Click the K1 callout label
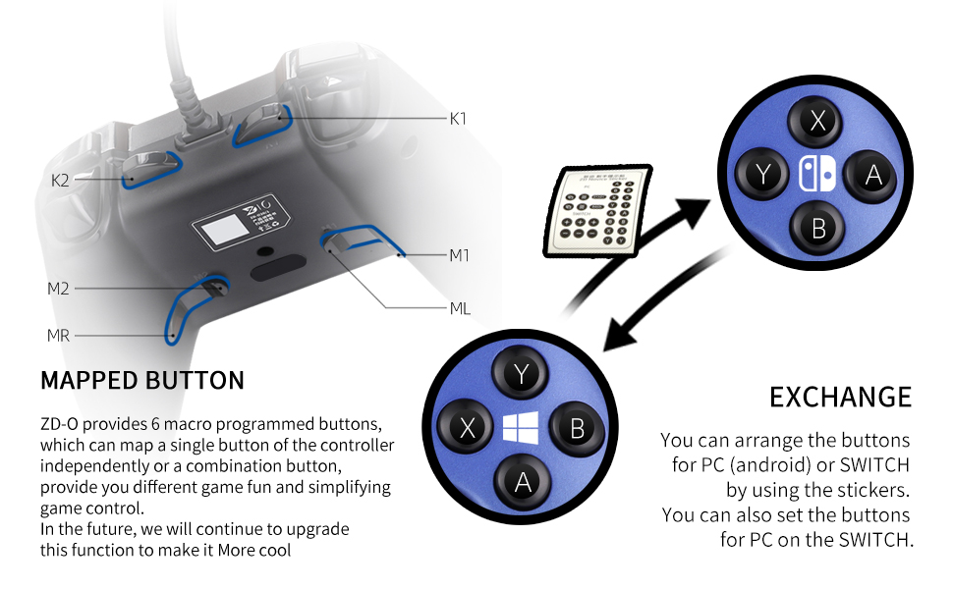(458, 119)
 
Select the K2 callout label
(61, 181)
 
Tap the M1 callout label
(459, 256)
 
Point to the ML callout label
(460, 309)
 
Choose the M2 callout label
(58, 289)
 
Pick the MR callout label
(58, 336)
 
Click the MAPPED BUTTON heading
(142, 381)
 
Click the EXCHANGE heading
(840, 398)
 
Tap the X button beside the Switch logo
(817, 122)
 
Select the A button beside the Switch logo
(872, 175)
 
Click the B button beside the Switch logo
(818, 230)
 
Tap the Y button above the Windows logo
(522, 372)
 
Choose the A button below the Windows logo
(522, 482)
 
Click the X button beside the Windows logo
(467, 428)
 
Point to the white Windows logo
(521, 428)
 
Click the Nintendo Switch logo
(817, 175)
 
